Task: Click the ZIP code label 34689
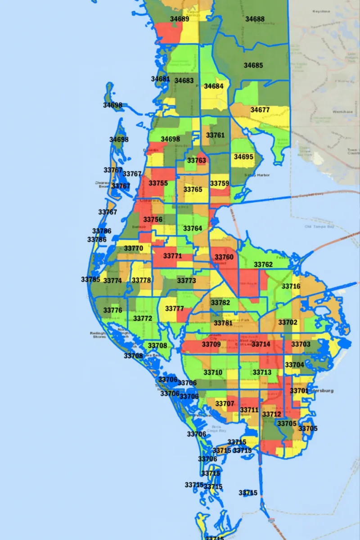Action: pos(180,19)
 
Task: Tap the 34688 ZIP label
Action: pos(255,19)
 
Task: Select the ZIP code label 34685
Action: pos(253,65)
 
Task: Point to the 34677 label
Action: pos(260,110)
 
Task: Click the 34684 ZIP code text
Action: pos(214,86)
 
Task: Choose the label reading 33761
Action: pos(215,135)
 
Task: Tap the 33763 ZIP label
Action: pos(197,160)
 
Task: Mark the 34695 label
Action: pos(243,157)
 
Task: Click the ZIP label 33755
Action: pos(158,183)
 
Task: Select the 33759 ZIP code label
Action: pos(220,183)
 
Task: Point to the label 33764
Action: pos(193,229)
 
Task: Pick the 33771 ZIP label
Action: pos(172,256)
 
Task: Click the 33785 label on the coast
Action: pos(90,279)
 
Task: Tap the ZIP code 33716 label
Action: pos(291,286)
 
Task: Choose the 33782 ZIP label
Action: pos(220,303)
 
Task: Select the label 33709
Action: pos(211,345)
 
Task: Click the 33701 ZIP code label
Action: pos(299,391)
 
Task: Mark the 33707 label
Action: pos(225,404)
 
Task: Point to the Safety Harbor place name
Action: pos(257,175)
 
